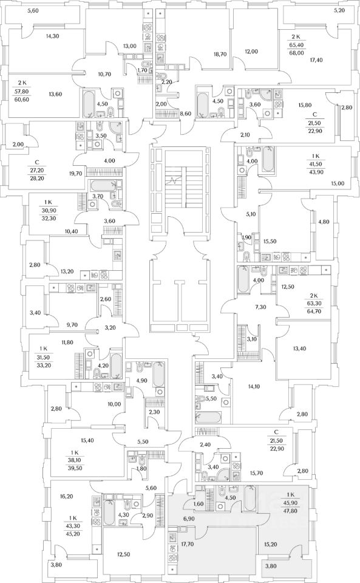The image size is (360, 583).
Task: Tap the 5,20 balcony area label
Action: coord(339,10)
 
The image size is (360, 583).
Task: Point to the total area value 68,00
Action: coord(297,53)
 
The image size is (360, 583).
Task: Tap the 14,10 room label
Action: coord(254,386)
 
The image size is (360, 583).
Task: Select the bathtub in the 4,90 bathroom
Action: coord(158,374)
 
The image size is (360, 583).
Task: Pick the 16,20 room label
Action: coord(67,496)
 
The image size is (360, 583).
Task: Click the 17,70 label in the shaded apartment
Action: coord(188,544)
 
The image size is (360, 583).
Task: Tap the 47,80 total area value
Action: coord(291,511)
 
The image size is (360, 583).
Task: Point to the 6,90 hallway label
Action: coord(188,518)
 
